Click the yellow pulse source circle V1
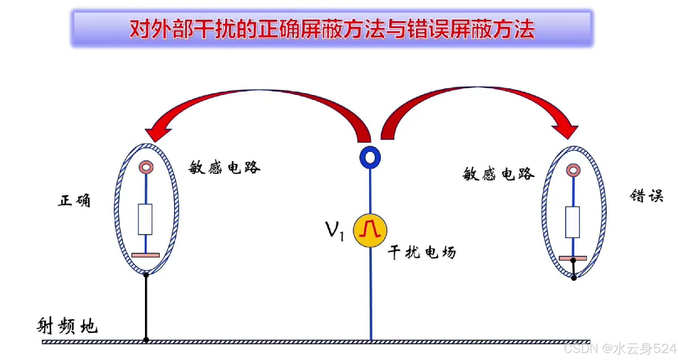tap(370, 230)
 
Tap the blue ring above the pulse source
tap(370, 157)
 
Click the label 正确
tap(74, 201)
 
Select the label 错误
tap(647, 196)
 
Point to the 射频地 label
tap(67, 326)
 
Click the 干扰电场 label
tap(422, 252)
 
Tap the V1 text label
tap(334, 230)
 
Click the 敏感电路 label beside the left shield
tap(224, 167)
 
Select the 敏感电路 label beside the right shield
tap(498, 174)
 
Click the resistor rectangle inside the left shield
tap(145, 219)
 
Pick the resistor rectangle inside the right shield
tap(573, 222)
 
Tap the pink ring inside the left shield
tap(146, 167)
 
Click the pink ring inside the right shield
tap(573, 170)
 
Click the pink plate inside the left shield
tap(146, 255)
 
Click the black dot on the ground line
tap(146, 340)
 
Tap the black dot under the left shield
tap(146, 275)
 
